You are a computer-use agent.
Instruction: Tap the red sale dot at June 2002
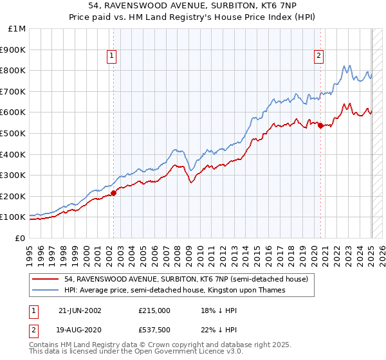(x=114, y=192)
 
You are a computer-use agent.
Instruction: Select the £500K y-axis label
(x=14, y=133)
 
